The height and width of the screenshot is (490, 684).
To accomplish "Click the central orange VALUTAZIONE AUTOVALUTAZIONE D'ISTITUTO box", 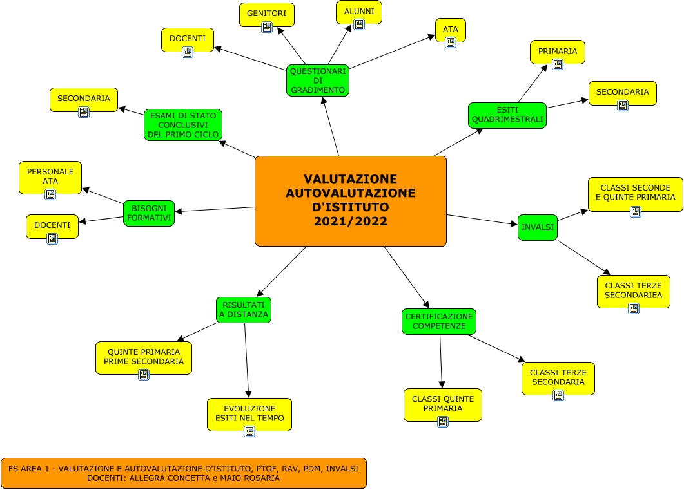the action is click(350, 201).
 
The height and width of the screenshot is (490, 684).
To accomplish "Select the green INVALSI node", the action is click(537, 227).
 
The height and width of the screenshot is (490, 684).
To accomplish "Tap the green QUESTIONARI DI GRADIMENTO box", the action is click(317, 80).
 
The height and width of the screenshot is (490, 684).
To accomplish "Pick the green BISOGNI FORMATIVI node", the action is click(149, 213).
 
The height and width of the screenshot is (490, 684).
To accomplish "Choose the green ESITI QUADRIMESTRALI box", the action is click(507, 115).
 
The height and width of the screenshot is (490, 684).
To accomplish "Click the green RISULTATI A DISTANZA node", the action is click(243, 310).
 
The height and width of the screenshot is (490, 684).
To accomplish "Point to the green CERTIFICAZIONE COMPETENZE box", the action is click(438, 321).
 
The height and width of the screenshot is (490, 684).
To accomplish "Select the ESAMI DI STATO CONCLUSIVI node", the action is click(183, 125).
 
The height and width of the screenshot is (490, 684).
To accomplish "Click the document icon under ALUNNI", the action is click(359, 24).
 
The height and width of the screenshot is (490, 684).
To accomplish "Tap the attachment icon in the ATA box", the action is click(451, 42).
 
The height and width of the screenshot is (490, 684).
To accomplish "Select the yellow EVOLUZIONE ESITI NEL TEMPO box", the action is click(249, 414).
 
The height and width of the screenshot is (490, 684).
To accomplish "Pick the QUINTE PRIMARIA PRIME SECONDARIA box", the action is click(143, 357).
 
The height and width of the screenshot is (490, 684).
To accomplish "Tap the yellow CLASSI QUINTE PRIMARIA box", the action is click(442, 404).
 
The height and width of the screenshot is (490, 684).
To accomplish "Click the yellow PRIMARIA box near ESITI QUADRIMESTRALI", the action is click(557, 52).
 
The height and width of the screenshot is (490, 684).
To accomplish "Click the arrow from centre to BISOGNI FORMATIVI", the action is click(213, 209).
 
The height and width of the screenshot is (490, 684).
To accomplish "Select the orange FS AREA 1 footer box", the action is click(184, 473).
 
